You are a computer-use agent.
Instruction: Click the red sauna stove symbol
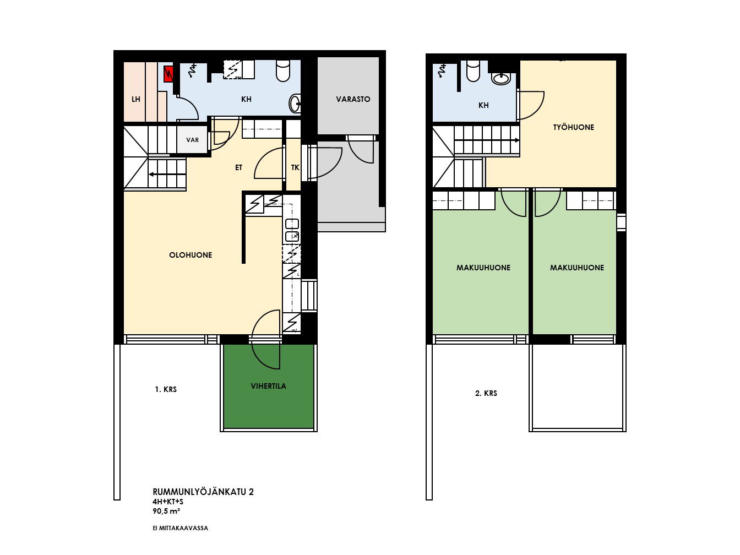168,74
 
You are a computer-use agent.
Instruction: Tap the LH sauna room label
136,100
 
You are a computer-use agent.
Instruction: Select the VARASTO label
353,99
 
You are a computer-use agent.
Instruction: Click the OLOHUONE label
191,255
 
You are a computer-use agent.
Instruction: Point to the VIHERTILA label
268,386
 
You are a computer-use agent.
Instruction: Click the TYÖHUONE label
574,127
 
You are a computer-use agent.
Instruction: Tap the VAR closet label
193,140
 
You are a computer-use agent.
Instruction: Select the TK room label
295,167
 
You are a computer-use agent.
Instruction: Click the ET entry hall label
239,167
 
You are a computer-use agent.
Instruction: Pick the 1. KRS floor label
166,389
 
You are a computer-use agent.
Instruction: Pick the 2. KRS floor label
486,393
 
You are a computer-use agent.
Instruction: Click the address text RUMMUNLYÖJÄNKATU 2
203,492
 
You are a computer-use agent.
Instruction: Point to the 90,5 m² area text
166,511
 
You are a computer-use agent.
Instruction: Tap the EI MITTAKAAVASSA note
181,529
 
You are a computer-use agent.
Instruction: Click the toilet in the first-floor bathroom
283,71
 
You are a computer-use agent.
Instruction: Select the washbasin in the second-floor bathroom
501,79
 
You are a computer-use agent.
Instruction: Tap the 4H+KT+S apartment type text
168,502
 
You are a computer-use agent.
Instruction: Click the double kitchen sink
292,230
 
